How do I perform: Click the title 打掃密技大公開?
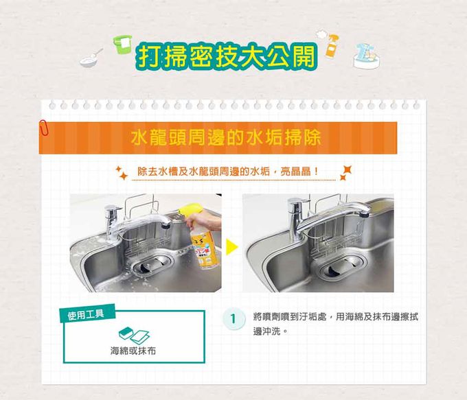(x=227, y=56)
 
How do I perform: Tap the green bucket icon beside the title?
(x=123, y=44)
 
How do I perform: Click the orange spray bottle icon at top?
(x=332, y=46)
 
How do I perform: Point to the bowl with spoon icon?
(x=91, y=58)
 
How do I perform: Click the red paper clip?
(x=44, y=128)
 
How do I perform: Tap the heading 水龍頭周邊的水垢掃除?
(x=226, y=138)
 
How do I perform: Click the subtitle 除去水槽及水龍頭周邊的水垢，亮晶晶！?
(x=228, y=172)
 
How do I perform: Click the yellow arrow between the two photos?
(x=231, y=247)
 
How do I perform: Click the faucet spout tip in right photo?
(x=364, y=213)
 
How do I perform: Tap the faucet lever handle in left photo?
(x=113, y=209)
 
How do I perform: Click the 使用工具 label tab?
(x=87, y=314)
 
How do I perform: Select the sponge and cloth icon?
(x=134, y=336)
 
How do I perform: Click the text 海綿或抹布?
(x=133, y=351)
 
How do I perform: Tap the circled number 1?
(x=233, y=319)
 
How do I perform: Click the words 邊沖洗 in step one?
(x=267, y=331)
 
